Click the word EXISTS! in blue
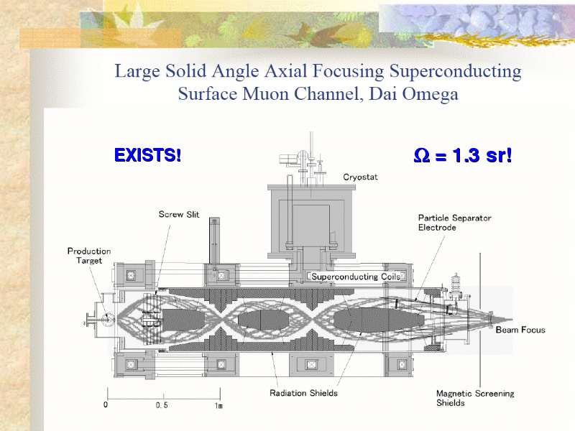click(148, 154)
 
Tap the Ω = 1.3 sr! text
click(462, 155)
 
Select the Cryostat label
click(360, 177)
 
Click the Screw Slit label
click(179, 214)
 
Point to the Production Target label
click(89, 256)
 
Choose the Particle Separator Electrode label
click(455, 223)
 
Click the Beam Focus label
click(520, 330)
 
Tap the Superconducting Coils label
click(356, 277)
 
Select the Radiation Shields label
click(303, 393)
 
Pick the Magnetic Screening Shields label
click(475, 398)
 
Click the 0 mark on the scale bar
click(106, 404)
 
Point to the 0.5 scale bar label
click(162, 405)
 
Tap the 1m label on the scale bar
click(218, 405)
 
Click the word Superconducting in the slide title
click(456, 72)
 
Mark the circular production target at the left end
click(109, 320)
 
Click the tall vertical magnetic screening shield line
click(480, 319)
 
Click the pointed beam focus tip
click(512, 320)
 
